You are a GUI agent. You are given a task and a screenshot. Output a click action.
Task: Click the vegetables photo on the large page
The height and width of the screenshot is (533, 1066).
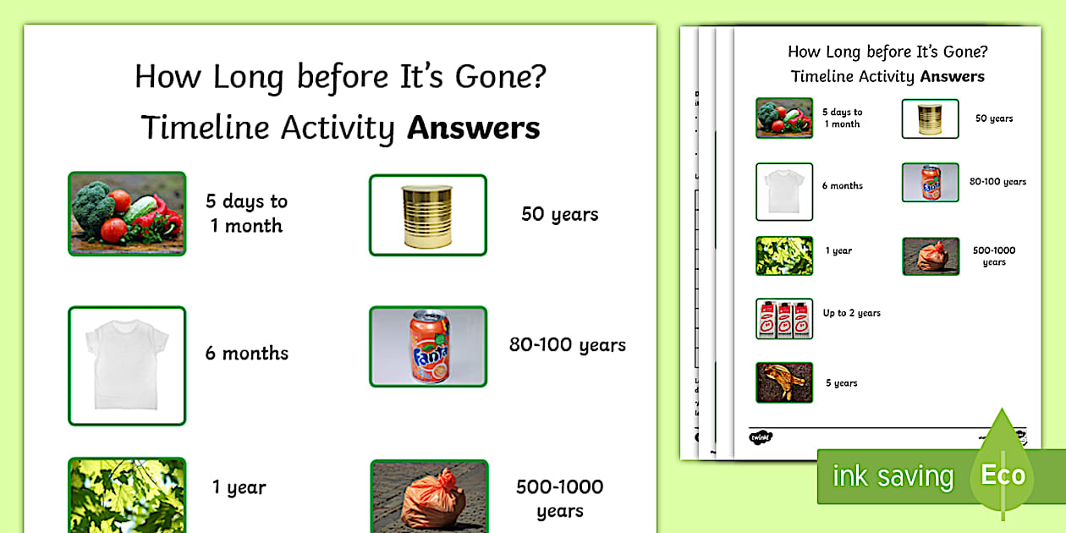(x=127, y=213)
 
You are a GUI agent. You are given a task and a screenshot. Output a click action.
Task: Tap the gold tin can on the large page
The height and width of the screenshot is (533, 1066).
(x=428, y=215)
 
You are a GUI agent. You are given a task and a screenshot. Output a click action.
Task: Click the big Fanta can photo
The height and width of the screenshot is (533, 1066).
(x=428, y=346)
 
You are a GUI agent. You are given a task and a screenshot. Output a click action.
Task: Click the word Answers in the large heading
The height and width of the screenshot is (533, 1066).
(x=473, y=128)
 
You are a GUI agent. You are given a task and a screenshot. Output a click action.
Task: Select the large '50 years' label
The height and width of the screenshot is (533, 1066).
(x=559, y=214)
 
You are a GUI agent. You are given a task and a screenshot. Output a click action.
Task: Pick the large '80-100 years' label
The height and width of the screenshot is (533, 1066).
(x=567, y=345)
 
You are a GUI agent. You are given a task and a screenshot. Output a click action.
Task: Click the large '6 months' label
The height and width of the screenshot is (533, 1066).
(x=246, y=354)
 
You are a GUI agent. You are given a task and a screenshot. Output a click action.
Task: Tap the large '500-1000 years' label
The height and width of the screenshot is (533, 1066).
(x=559, y=498)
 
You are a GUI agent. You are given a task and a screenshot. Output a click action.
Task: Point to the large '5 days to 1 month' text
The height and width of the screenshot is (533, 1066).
(x=246, y=213)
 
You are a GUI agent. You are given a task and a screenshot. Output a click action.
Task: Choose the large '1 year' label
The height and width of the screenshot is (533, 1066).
(x=239, y=487)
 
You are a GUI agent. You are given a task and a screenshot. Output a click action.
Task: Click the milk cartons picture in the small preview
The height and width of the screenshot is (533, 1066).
(x=784, y=319)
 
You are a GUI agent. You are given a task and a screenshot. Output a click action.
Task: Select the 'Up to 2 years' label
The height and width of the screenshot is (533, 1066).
(x=851, y=313)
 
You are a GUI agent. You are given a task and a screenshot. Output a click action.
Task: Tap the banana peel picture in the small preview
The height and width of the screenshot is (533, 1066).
(x=784, y=382)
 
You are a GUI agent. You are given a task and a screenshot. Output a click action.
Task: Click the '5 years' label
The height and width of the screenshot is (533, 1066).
(x=841, y=383)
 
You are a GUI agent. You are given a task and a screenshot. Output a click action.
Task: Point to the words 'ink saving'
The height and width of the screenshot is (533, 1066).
(x=893, y=476)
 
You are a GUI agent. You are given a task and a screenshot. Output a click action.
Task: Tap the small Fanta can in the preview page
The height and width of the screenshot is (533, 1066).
(x=930, y=182)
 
